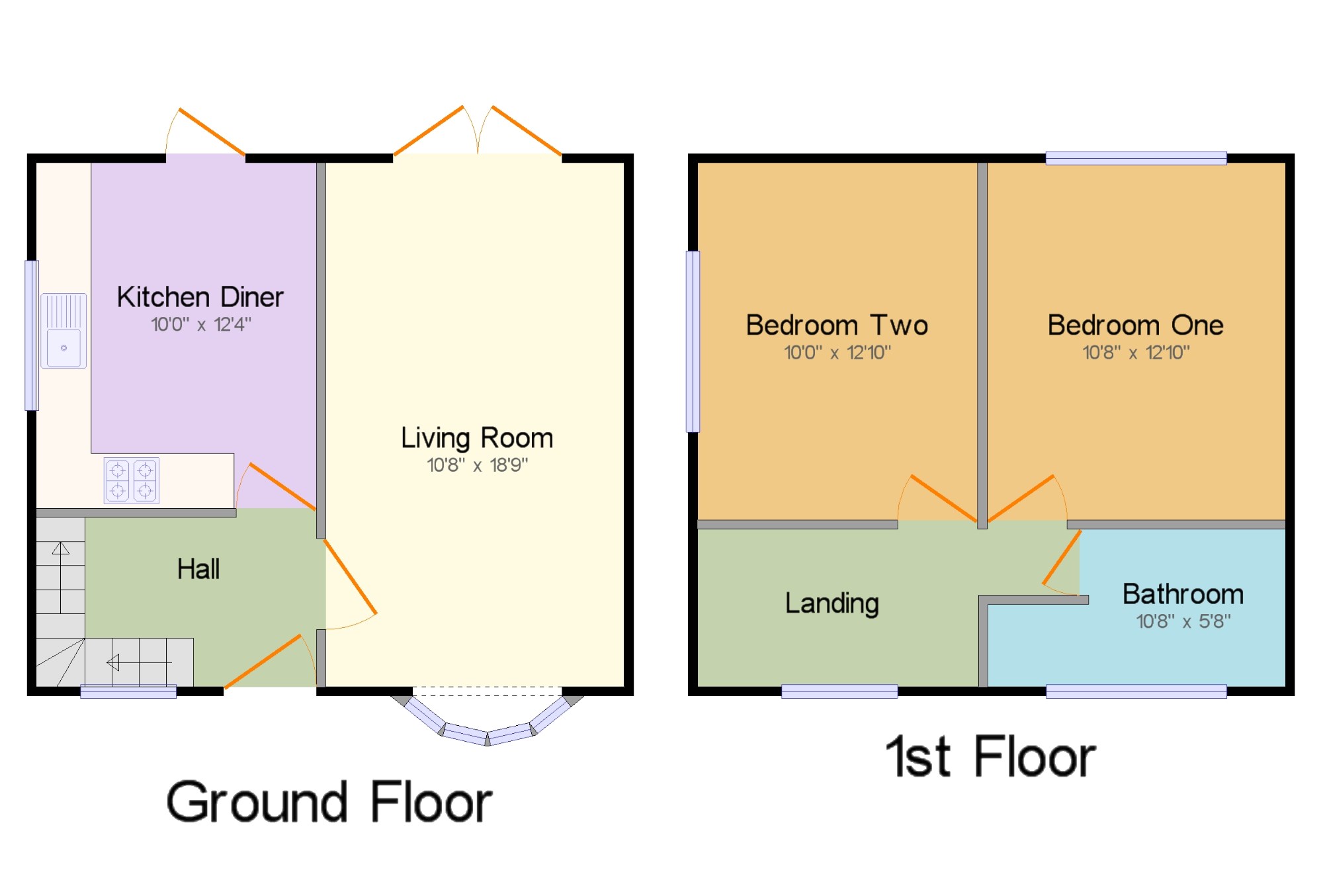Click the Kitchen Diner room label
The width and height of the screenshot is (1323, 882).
pyautogui.click(x=200, y=297)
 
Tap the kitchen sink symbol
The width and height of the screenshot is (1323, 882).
pyautogui.click(x=64, y=331)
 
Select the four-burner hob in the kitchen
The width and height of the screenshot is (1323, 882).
pyautogui.click(x=132, y=480)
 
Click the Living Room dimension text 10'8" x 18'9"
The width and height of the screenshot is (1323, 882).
pyautogui.click(x=477, y=465)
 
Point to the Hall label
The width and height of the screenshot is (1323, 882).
pyautogui.click(x=198, y=569)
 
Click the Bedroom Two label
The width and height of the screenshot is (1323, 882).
pyautogui.click(x=837, y=326)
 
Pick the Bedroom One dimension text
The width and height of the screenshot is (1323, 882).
pyautogui.click(x=1135, y=353)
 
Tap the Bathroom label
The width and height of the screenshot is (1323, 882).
pyautogui.click(x=1183, y=594)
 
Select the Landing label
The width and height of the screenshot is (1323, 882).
pyautogui.click(x=832, y=603)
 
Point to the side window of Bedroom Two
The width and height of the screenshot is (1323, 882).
pyautogui.click(x=693, y=341)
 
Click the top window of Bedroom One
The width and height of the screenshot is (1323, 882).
pyautogui.click(x=1136, y=158)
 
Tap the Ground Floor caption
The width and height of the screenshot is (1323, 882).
pyautogui.click(x=329, y=802)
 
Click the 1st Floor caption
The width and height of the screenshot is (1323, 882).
pyautogui.click(x=990, y=757)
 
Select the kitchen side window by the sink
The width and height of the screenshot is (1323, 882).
pyautogui.click(x=31, y=335)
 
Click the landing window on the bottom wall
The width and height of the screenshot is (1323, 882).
pyautogui.click(x=839, y=691)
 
